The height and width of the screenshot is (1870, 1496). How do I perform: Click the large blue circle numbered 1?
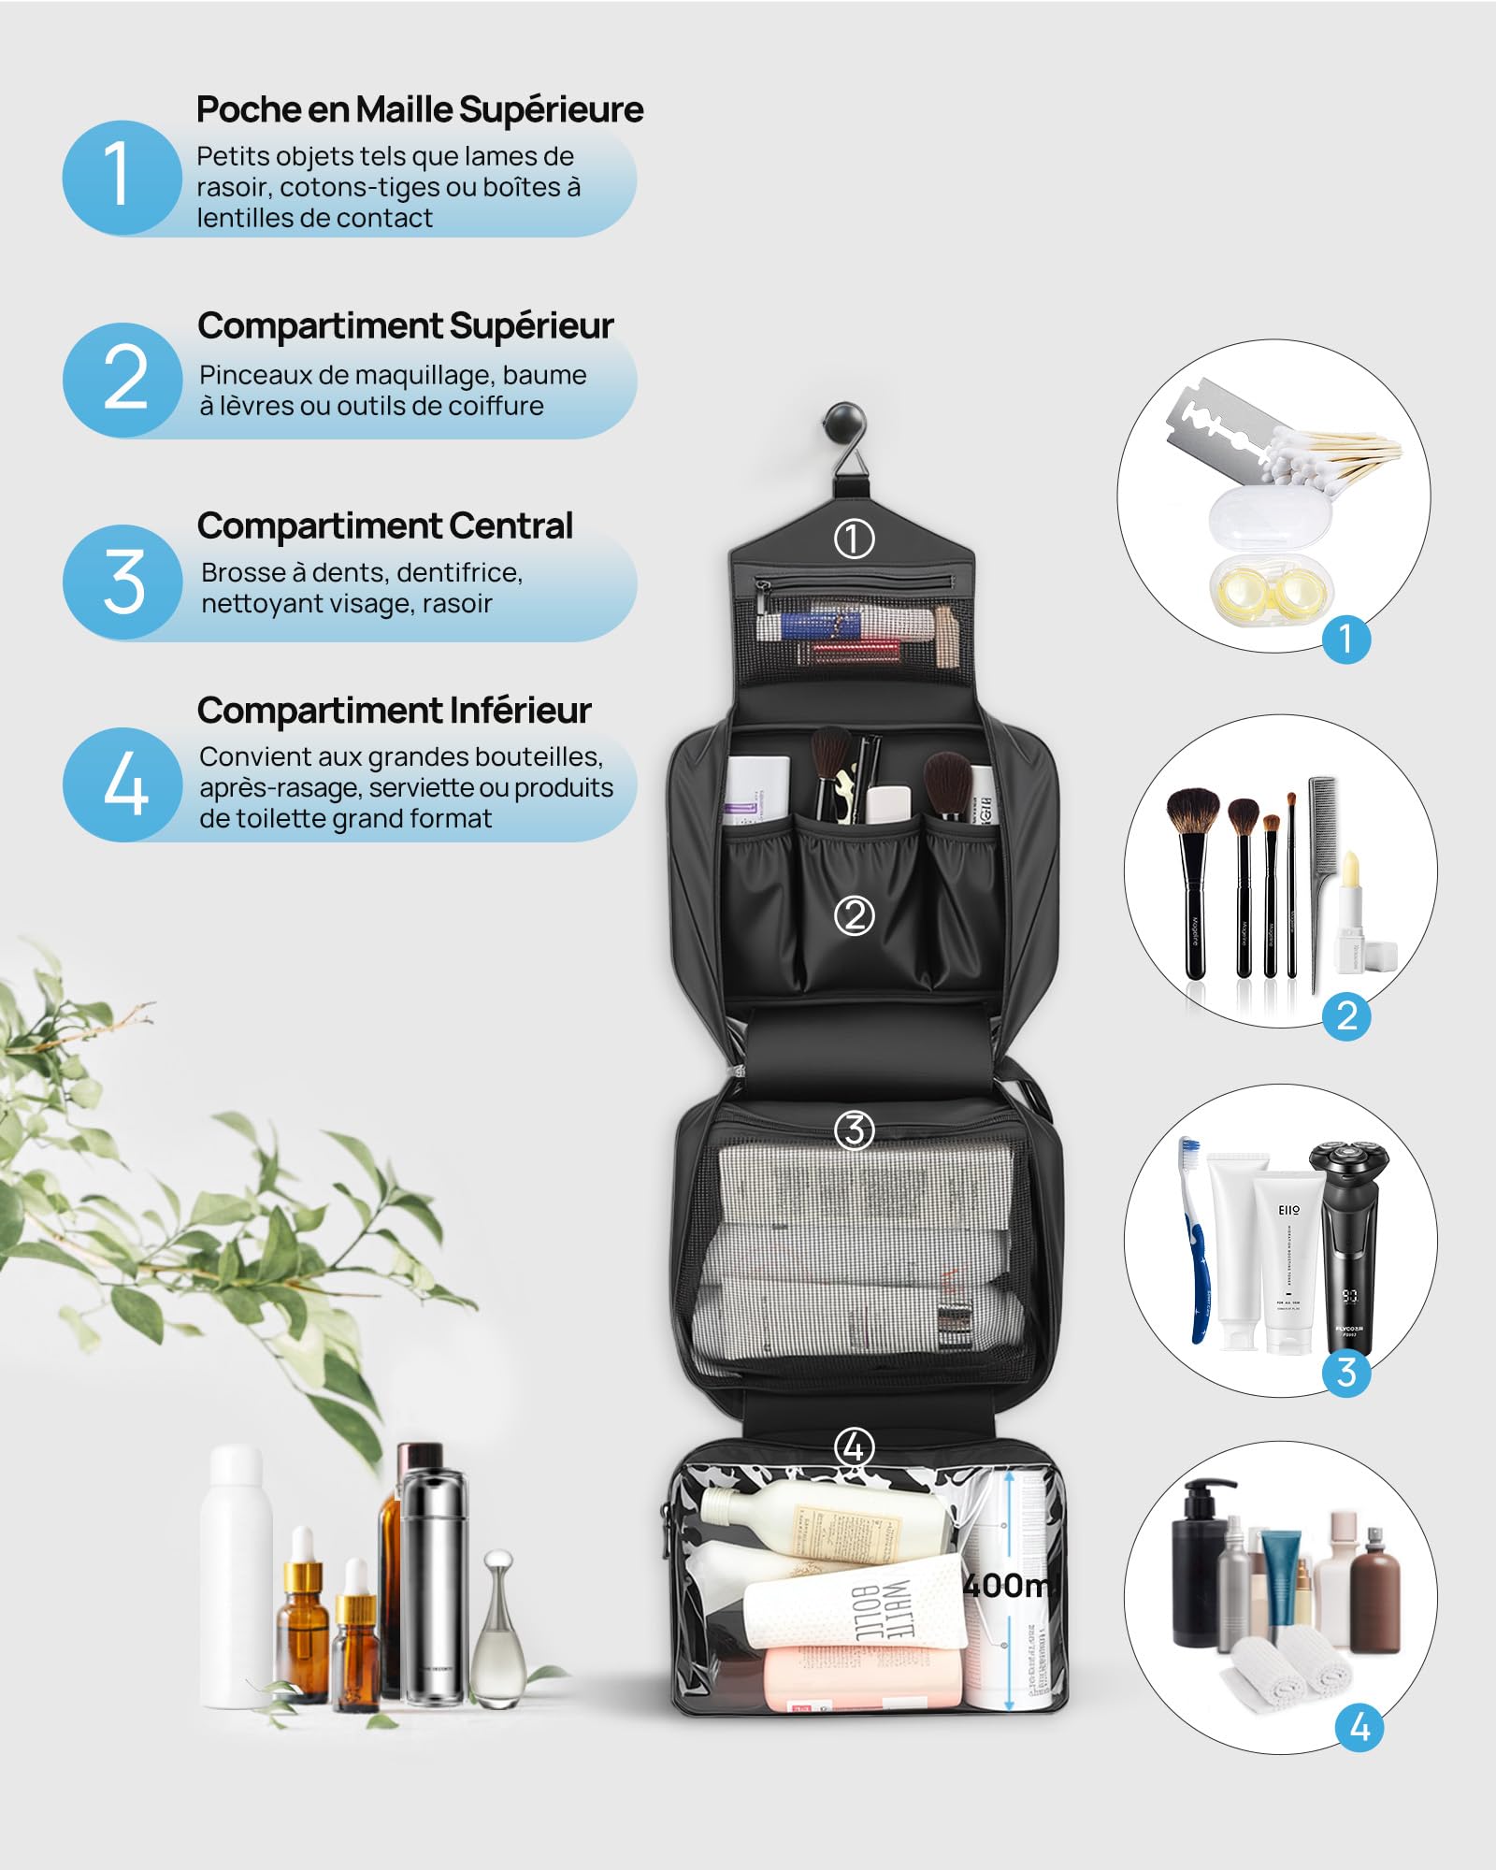tap(122, 177)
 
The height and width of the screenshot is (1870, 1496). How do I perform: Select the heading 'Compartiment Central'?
tap(384, 525)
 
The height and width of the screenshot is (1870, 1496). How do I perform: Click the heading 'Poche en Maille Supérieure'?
tap(420, 109)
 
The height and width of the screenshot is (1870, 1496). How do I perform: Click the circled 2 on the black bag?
tap(854, 915)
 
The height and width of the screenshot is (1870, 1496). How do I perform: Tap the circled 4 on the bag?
tap(854, 1447)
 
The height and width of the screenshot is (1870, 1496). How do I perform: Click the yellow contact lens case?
tap(1273, 588)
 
